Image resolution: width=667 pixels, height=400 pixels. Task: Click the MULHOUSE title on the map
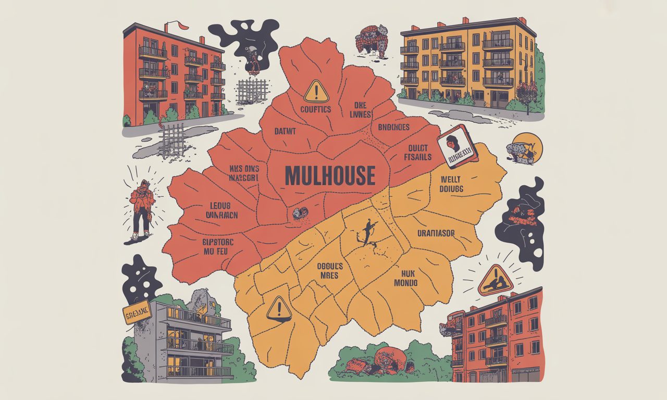click(330, 176)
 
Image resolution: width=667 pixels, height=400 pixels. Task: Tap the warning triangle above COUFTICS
click(316, 91)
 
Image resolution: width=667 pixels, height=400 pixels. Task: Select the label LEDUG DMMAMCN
click(222, 209)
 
